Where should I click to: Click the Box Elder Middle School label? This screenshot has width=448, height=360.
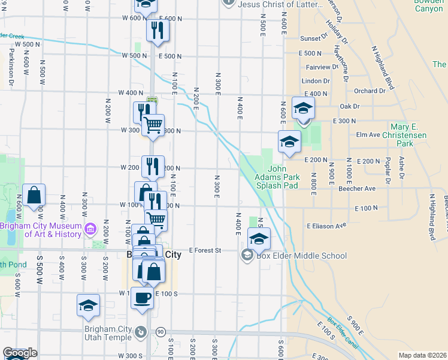(x=302, y=256)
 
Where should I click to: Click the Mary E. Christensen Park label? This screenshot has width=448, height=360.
(x=412, y=136)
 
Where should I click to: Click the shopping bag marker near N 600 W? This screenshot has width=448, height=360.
(x=34, y=195)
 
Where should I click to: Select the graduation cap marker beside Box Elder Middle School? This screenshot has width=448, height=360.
(x=259, y=238)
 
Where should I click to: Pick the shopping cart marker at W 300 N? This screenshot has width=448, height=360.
(x=153, y=125)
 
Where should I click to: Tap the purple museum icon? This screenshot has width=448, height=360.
(x=90, y=228)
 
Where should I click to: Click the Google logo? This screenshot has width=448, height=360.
(x=19, y=353)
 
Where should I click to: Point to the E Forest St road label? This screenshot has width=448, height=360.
(x=205, y=250)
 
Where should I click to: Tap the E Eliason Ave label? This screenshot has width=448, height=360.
(x=326, y=226)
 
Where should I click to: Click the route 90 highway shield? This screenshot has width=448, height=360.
(x=160, y=332)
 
